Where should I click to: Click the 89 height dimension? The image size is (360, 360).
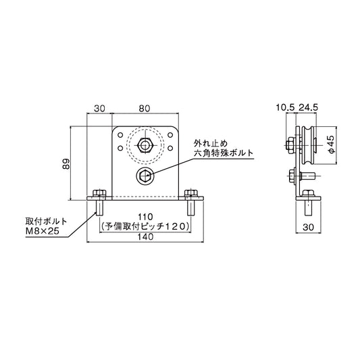65,165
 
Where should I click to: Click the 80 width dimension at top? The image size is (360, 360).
145,106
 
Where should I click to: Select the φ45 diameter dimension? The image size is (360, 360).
330,145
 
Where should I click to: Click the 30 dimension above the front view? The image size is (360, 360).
100,106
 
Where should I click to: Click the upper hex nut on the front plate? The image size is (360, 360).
144,145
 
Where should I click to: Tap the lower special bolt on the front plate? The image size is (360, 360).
145,176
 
